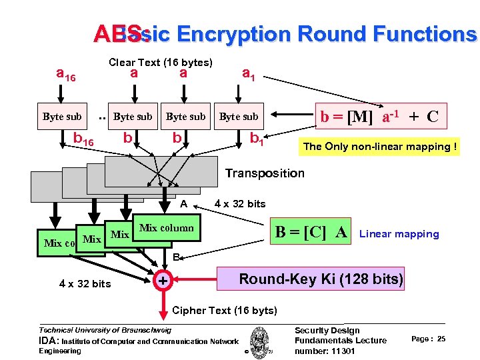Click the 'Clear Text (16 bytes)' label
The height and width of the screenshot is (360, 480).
tap(160, 63)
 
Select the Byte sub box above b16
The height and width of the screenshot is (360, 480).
tap(62, 117)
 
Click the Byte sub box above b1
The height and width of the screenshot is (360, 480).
tap(239, 117)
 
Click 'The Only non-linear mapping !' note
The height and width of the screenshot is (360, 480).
tap(380, 147)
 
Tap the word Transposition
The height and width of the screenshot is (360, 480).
tap(264, 173)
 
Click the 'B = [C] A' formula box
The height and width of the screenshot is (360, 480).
tap(312, 232)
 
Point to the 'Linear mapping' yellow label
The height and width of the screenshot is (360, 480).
tap(399, 233)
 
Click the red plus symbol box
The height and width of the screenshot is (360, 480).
tap(161, 282)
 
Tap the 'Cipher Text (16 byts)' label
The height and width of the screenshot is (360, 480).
tap(224, 310)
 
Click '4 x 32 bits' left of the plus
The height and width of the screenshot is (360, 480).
tap(85, 283)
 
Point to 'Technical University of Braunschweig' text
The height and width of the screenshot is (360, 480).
tap(105, 329)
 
